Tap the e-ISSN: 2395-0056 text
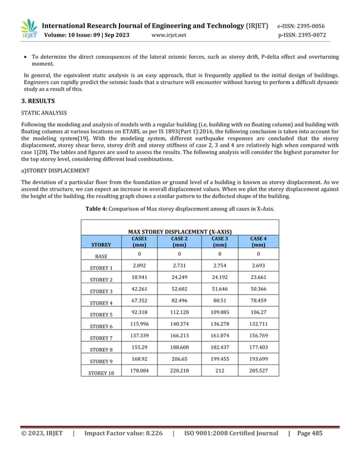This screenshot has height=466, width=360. click(301, 26)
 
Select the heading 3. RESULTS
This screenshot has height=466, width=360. click(38, 102)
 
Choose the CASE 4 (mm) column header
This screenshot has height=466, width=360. click(258, 242)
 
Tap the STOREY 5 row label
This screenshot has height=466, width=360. click(101, 315)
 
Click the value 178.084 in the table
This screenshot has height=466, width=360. click(139, 371)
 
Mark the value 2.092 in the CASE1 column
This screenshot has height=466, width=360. click(139, 266)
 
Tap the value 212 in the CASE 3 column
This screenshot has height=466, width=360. click(219, 371)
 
